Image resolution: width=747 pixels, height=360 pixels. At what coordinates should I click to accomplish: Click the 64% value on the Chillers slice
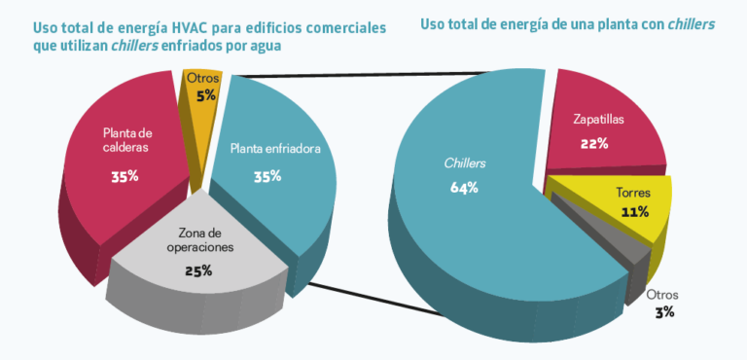(x=464, y=188)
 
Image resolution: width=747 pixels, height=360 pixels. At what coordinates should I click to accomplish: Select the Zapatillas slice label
(x=597, y=121)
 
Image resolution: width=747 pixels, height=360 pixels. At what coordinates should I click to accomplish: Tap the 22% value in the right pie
(x=594, y=143)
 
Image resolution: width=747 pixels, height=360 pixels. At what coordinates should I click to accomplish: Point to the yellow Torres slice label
(x=634, y=192)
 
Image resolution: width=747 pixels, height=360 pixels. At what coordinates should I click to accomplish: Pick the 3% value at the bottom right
(x=663, y=312)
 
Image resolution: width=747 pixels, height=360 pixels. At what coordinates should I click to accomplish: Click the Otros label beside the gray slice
(x=662, y=295)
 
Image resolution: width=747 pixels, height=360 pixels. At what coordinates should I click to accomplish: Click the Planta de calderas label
(x=127, y=140)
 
